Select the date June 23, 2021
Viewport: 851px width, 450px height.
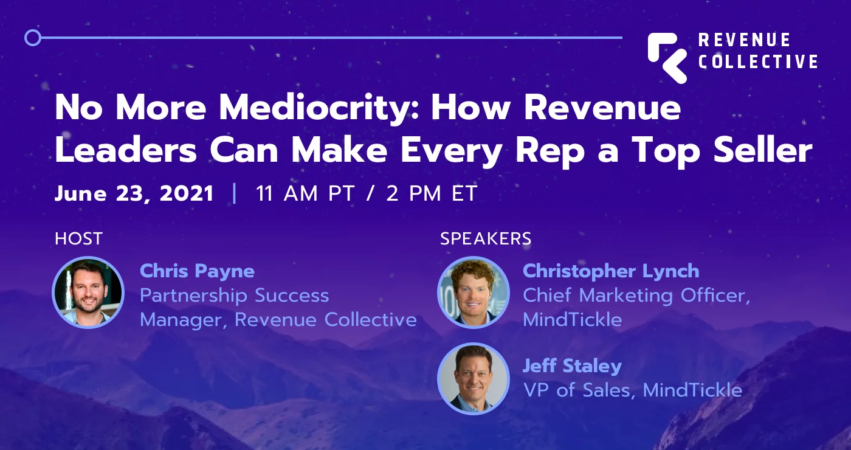[x=134, y=194]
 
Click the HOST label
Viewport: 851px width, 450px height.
[x=78, y=239]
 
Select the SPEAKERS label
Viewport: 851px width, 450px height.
[x=486, y=239]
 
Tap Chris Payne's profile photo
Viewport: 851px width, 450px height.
[x=88, y=292]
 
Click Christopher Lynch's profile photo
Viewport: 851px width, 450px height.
[x=473, y=292]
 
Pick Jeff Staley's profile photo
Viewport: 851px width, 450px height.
[x=473, y=378]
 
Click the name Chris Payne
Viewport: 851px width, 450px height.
[x=197, y=271]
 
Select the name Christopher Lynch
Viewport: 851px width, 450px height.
[x=611, y=271]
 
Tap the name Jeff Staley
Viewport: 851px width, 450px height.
[x=572, y=366]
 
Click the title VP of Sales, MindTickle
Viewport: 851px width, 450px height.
[x=632, y=390]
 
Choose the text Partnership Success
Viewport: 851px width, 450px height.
[x=234, y=296]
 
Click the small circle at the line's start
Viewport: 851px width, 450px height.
[x=32, y=38]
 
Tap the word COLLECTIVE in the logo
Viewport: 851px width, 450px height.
[x=758, y=62]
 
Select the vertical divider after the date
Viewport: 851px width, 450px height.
[x=235, y=194]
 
